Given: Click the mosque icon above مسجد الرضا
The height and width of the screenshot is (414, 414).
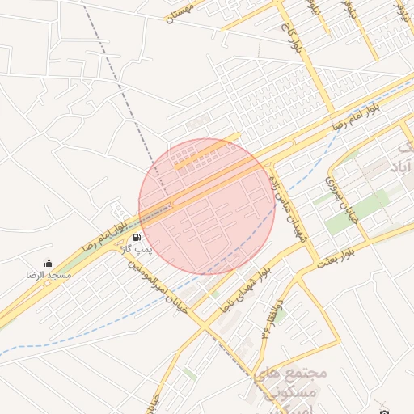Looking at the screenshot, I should (49, 264).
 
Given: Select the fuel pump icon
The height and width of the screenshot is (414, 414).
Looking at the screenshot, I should (137, 238).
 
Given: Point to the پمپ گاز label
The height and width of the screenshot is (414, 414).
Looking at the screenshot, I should (137, 251).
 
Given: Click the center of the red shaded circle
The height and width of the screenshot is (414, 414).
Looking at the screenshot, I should (208, 206).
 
